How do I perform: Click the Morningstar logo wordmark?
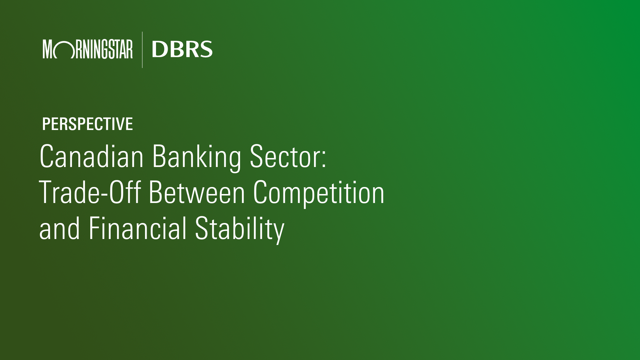point(88,49)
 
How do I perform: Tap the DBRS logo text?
point(182,49)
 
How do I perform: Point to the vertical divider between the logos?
point(142,50)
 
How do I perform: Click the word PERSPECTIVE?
point(88,124)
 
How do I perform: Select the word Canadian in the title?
point(92,156)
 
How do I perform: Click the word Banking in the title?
point(197,158)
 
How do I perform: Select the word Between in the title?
point(197,192)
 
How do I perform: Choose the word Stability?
point(240,230)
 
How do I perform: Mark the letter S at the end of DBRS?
point(206,49)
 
